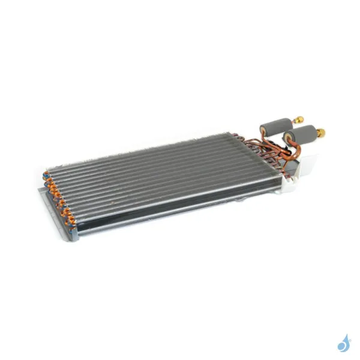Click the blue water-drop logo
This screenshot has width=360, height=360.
pos(344,343)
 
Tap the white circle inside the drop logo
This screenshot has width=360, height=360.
pos(342,346)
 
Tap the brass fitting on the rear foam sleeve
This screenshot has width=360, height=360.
pos(298,119)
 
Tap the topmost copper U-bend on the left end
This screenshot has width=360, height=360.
pos(46,175)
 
